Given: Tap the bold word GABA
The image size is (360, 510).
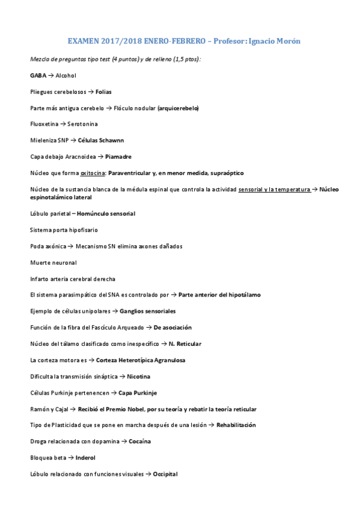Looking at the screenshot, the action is [x=38, y=76].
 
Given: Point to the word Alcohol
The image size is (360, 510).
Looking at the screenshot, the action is [x=66, y=76].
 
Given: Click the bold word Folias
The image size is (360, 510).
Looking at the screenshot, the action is [x=103, y=92].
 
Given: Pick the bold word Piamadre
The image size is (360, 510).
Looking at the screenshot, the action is [x=118, y=157].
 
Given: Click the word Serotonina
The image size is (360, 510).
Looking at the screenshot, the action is [x=82, y=124].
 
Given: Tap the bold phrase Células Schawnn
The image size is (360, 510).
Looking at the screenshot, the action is [x=101, y=141].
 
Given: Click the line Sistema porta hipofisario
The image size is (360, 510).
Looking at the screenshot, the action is [x=64, y=230].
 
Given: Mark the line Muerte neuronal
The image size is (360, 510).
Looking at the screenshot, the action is [x=53, y=263].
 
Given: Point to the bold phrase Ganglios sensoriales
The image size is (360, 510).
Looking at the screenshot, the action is [x=148, y=312].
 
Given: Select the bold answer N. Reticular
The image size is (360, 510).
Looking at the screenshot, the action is [x=185, y=344].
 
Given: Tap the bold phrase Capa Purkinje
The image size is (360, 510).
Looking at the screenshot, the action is [x=138, y=393].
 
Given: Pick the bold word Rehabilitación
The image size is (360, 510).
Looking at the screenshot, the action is [x=236, y=425].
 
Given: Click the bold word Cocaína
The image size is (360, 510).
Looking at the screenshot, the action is [x=140, y=441].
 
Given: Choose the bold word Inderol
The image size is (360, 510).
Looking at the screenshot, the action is [x=85, y=458].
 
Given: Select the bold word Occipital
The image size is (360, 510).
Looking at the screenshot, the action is [x=165, y=474].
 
